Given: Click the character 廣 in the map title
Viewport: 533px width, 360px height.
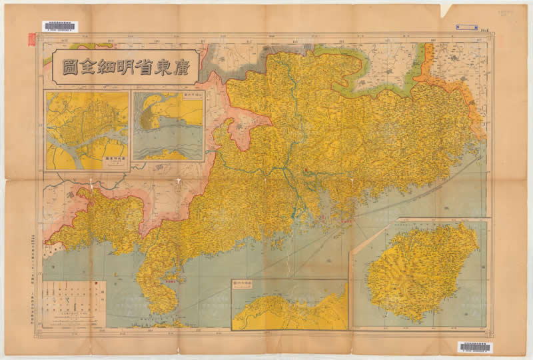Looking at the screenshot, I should [181, 68].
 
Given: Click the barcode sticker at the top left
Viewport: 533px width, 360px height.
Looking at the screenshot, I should [60, 26].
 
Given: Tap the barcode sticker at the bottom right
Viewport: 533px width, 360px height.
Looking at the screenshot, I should [474, 347].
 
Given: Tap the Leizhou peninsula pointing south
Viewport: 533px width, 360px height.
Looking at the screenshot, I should [157, 290].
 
